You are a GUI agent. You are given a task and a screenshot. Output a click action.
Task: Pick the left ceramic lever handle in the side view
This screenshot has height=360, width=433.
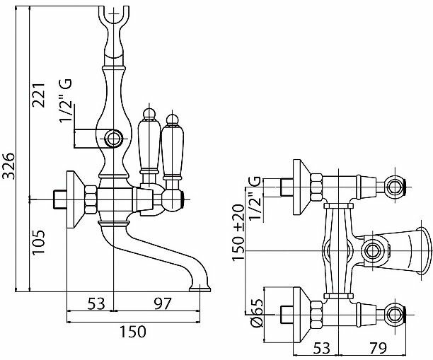coord(148,145)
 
